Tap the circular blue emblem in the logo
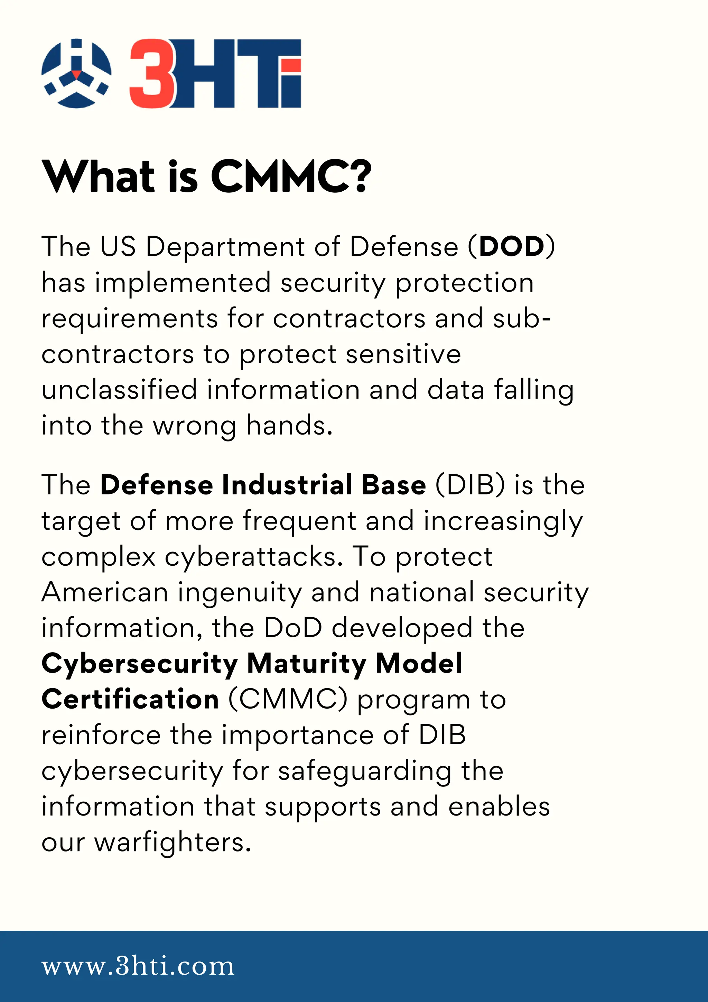(76, 73)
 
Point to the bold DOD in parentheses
(512, 247)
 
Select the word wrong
(194, 426)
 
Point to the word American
(105, 593)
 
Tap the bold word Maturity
(307, 664)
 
